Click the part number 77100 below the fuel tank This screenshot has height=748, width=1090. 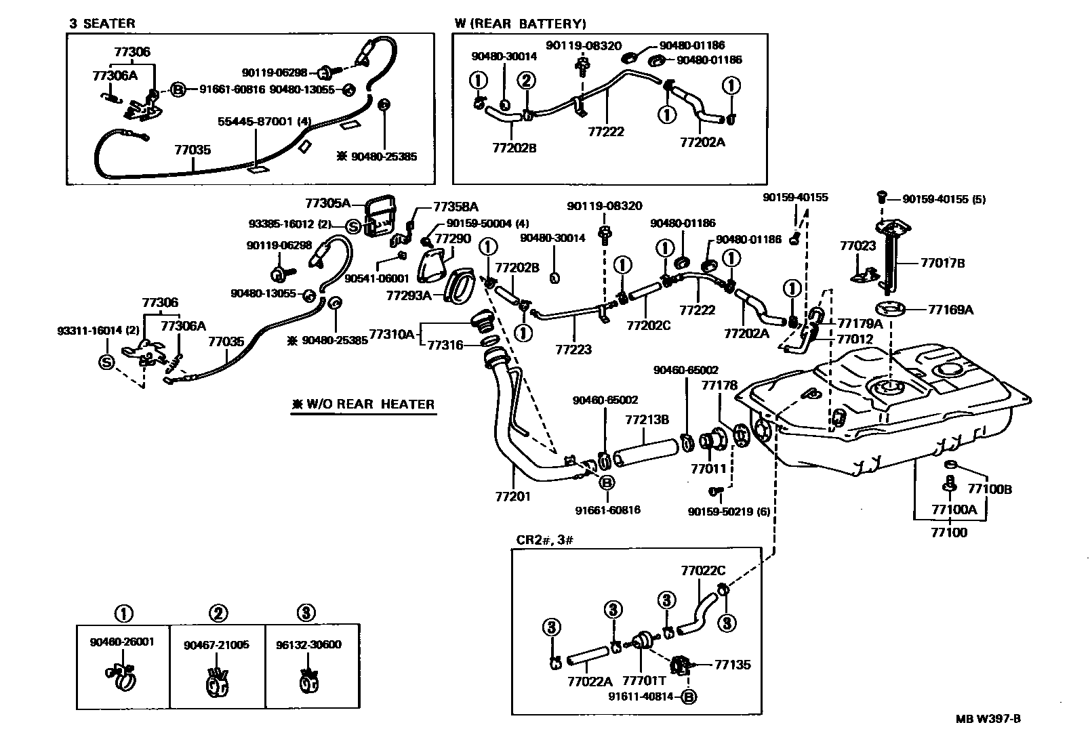pos(948,533)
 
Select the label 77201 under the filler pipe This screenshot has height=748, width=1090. pos(512,497)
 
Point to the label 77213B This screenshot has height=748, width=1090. pos(647,420)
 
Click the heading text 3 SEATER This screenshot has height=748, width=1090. pos(102,23)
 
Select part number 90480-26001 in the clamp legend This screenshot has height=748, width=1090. pos(122,641)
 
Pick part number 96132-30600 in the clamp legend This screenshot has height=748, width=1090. pos(308,644)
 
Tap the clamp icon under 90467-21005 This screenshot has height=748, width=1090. pos(217,682)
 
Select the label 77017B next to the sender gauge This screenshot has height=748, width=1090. pos(942,264)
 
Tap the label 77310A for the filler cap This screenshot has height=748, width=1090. pos(391,334)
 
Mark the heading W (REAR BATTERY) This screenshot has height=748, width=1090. pos(519,24)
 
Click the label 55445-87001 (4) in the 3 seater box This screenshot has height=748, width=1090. pos(264,122)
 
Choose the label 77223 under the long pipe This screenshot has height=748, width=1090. pos(573,350)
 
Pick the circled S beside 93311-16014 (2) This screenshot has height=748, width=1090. pos(106,362)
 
